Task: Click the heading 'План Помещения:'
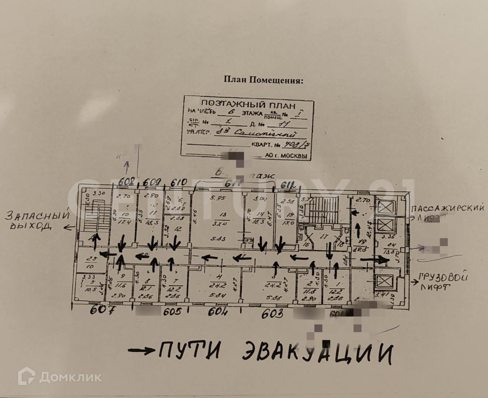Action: click(264, 80)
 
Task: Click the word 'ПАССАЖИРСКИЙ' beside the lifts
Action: click(448, 208)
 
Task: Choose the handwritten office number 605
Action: click(172, 312)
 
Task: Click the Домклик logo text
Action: click(70, 377)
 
